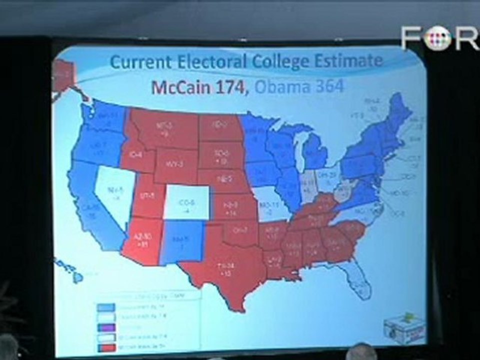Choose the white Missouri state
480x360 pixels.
(270, 205)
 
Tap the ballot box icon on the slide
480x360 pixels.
(403, 327)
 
